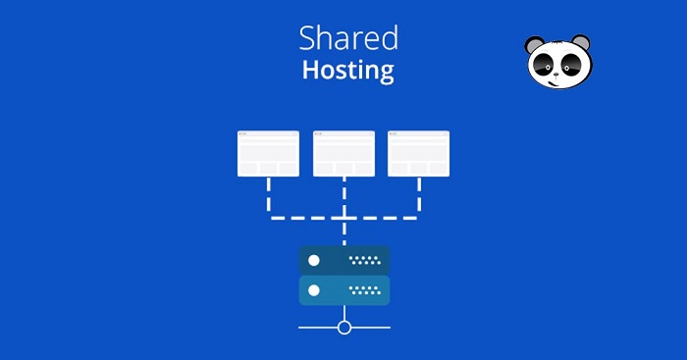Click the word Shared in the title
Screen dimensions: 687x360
pyautogui.click(x=348, y=38)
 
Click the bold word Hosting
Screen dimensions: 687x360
pyautogui.click(x=348, y=71)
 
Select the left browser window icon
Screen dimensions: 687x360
pyautogui.click(x=268, y=153)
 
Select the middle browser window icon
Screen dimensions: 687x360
pyautogui.click(x=343, y=153)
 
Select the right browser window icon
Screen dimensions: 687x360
pyautogui.click(x=419, y=153)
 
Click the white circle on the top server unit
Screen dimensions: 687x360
pyautogui.click(x=314, y=261)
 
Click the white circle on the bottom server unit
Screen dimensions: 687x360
pyautogui.click(x=314, y=290)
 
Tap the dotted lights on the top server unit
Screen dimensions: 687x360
pyautogui.click(x=364, y=261)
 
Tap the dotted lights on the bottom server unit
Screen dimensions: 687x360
pyautogui.click(x=364, y=290)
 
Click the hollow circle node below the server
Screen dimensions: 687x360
pyautogui.click(x=343, y=327)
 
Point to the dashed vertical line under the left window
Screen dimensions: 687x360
pyautogui.click(x=268, y=197)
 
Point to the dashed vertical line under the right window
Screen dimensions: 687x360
pyautogui.click(x=419, y=197)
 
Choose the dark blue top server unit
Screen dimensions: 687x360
pyautogui.click(x=343, y=261)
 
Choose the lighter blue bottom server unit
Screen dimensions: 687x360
pyautogui.click(x=343, y=290)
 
